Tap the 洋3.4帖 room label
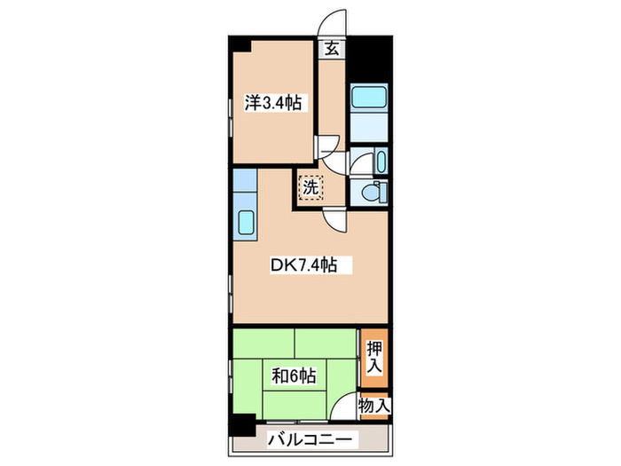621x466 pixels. pos(273,104)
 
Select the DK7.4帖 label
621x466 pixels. pos(303,265)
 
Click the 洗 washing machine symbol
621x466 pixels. pos(310,187)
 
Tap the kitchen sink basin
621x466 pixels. pos(245,224)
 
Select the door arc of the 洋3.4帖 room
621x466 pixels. pos(330,146)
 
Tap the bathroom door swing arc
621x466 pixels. pos(358,162)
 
